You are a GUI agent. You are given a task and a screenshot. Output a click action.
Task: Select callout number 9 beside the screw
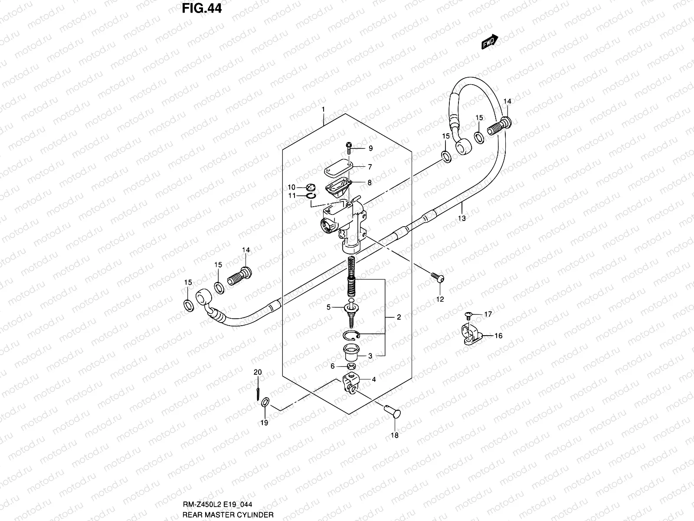[370, 148]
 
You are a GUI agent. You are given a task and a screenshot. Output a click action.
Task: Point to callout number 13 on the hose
[462, 218]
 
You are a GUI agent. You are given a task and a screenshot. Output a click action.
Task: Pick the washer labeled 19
[265, 404]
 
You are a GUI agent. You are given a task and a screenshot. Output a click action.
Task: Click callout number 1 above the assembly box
[323, 109]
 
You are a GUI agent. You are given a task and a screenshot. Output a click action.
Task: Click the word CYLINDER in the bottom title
[256, 514]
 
